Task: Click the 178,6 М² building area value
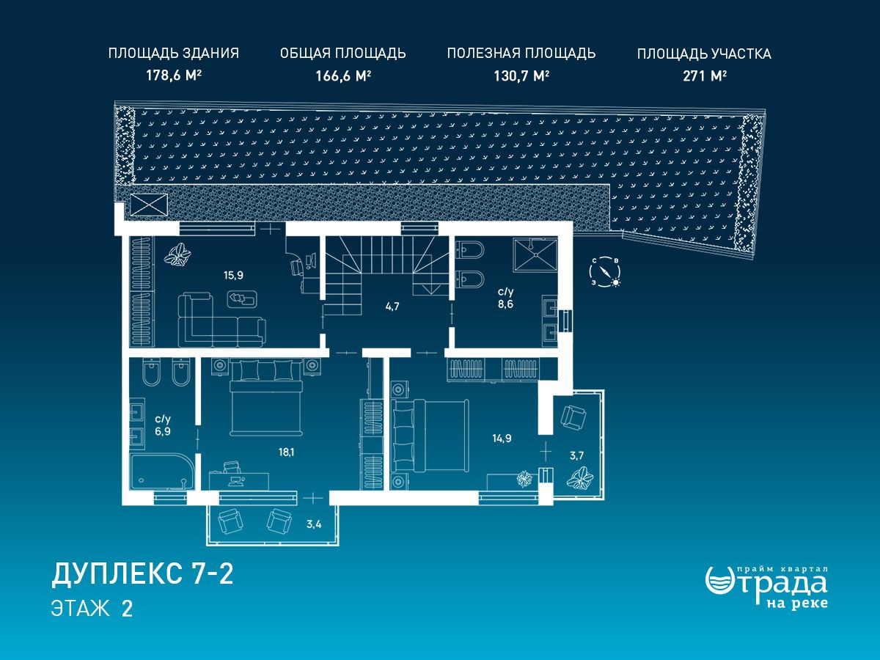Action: coord(174,76)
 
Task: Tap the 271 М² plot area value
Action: coord(705,76)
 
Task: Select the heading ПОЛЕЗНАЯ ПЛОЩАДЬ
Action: coord(521,54)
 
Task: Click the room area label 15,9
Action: coord(233,275)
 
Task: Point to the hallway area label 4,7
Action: coord(392,307)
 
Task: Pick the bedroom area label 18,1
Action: coord(286,452)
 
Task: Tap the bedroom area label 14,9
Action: coord(502,438)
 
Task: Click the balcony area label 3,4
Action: coord(314,524)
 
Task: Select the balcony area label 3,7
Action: coord(576,455)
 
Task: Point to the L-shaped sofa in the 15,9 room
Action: coord(221,320)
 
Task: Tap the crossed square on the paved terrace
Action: coord(149,205)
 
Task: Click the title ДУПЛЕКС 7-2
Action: coord(142,574)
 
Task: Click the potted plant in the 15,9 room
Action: coord(177,255)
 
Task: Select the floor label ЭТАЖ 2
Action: coord(92,609)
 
